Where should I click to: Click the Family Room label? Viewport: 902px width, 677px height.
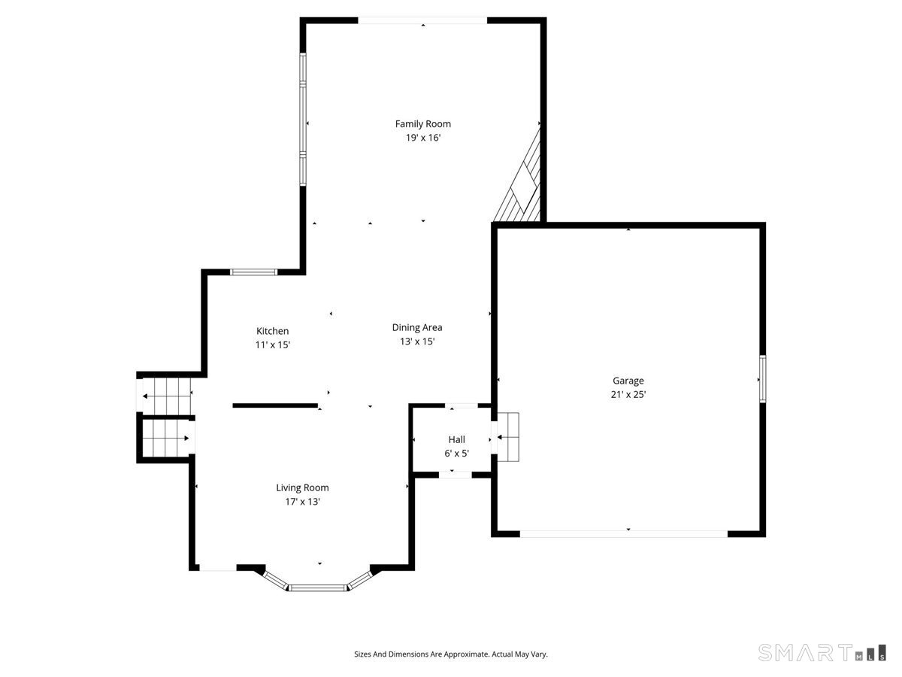click(x=423, y=124)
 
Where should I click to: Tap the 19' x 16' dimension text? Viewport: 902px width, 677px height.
click(x=423, y=138)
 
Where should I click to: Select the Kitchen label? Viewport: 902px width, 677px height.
click(x=273, y=331)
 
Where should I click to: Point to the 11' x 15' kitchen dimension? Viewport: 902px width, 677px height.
click(x=273, y=345)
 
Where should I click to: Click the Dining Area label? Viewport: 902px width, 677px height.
click(x=417, y=327)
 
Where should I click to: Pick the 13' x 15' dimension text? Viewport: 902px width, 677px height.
click(x=417, y=341)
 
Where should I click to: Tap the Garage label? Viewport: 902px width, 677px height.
click(x=628, y=381)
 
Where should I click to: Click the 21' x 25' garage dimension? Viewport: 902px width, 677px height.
click(x=628, y=394)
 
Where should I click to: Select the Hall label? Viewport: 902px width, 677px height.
click(x=457, y=439)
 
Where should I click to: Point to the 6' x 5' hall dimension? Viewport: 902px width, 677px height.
click(x=457, y=453)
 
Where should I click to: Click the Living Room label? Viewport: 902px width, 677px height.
click(x=302, y=487)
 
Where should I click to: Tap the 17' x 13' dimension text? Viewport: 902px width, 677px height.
click(x=302, y=501)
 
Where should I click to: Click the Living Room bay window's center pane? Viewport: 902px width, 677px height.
click(x=319, y=587)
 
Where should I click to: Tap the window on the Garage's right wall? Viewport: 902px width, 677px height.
click(x=761, y=379)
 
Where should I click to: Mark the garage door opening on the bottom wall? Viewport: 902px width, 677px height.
click(x=624, y=533)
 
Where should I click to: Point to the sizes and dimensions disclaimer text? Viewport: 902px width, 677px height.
click(x=451, y=654)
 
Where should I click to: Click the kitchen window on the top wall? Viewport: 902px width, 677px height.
click(x=253, y=272)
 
